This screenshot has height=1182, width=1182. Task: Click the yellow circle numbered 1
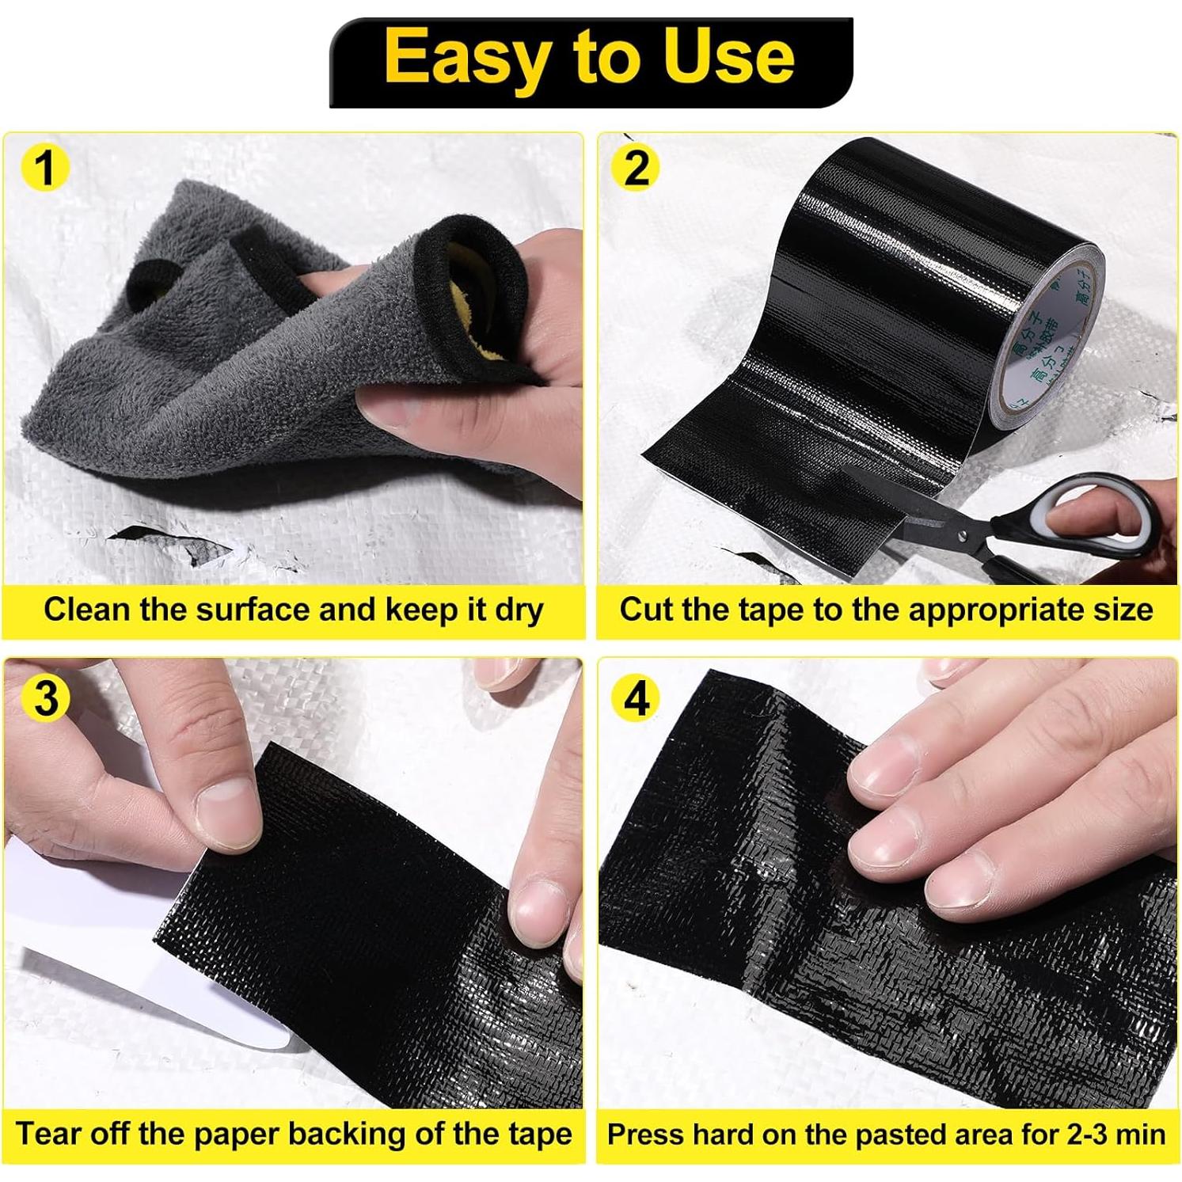(45, 168)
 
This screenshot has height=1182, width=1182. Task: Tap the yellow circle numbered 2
(637, 168)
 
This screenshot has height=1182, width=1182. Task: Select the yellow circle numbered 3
(46, 697)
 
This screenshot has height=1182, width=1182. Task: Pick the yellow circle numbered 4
(637, 697)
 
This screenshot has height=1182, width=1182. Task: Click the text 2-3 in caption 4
(1093, 1134)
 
